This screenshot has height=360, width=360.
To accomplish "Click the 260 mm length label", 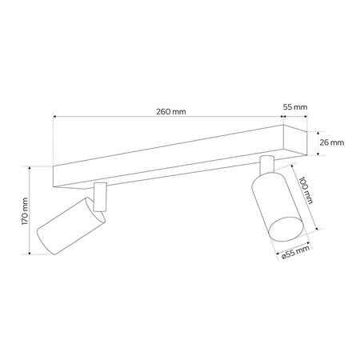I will [x=173, y=111].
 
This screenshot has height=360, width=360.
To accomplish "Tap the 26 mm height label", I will [x=331, y=142].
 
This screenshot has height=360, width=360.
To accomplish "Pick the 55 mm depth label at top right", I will [x=295, y=106].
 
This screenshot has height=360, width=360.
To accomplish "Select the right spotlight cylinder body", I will [x=272, y=205].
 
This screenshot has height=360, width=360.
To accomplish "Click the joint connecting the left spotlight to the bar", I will [x=99, y=196].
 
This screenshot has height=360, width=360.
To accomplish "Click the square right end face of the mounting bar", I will [x=296, y=143].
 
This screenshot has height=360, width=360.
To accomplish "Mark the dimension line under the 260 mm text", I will [x=168, y=117].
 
